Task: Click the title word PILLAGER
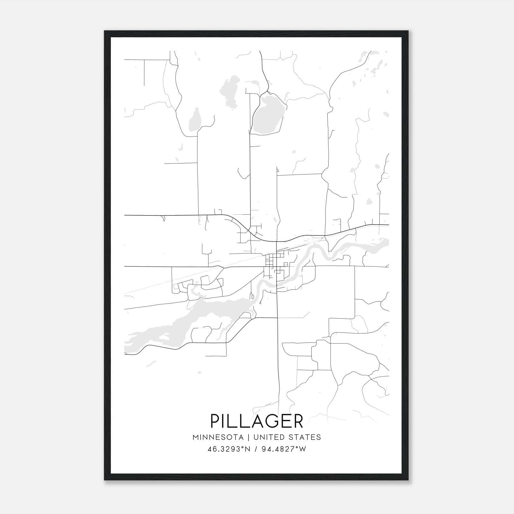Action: (x=257, y=421)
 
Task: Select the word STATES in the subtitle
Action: (x=304, y=437)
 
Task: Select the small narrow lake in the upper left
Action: (x=195, y=119)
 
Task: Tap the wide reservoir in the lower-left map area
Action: (x=180, y=324)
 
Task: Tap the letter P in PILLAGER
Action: (x=215, y=421)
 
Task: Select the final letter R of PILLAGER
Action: (x=298, y=421)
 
